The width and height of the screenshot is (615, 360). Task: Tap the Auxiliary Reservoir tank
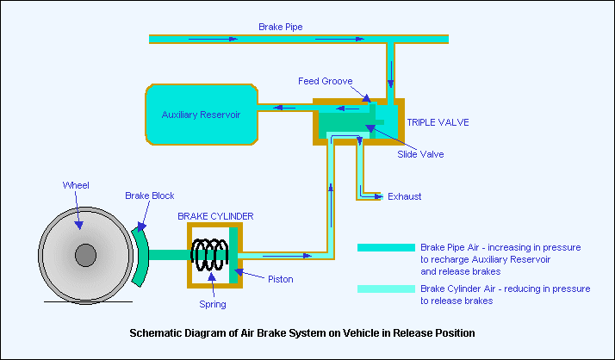(201, 115)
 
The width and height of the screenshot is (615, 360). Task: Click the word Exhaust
(404, 196)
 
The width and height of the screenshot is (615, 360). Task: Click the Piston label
(280, 279)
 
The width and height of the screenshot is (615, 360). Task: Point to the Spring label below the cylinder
(212, 304)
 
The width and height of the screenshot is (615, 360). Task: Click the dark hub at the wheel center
(84, 255)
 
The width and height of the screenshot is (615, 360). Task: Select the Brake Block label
(149, 196)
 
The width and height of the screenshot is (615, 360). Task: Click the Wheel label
(76, 185)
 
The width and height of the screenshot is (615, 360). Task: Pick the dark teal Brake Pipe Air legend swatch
(385, 247)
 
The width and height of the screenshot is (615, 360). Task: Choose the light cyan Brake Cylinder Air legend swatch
(385, 289)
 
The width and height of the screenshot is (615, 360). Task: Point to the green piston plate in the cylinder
(233, 255)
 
